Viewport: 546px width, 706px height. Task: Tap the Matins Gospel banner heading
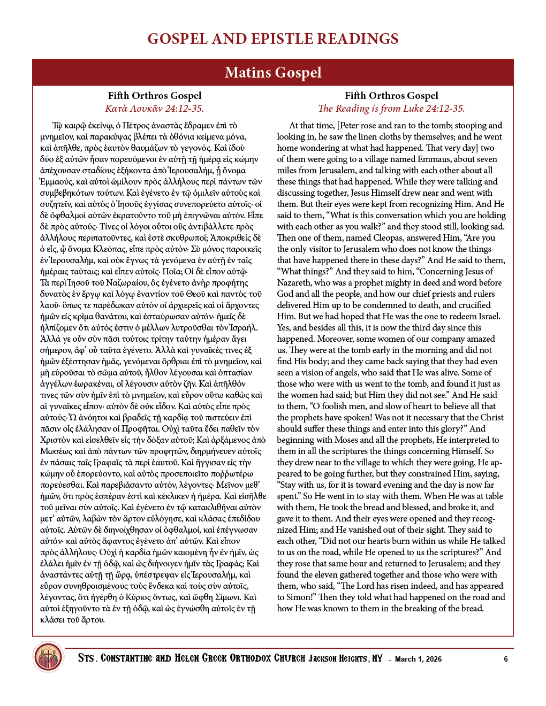[x=273, y=73]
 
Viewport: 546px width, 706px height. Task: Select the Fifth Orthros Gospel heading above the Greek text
[x=155, y=96]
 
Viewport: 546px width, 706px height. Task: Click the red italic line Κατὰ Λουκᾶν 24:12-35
[x=155, y=109]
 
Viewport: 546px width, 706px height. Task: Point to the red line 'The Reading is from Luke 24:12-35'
[x=391, y=109]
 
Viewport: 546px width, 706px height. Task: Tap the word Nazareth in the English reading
[x=294, y=282]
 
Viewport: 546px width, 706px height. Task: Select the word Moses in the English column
[x=345, y=440]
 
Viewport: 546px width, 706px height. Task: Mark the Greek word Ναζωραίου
[x=128, y=282]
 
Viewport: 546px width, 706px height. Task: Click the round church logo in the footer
[x=48, y=657]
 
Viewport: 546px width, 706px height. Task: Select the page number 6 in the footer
[x=506, y=659]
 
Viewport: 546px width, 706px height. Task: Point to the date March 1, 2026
[x=418, y=659]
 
